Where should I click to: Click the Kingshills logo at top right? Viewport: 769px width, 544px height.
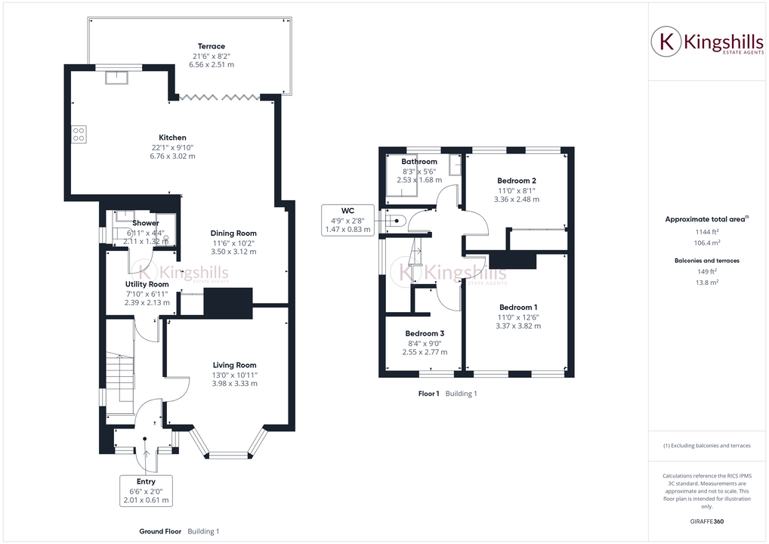(x=707, y=42)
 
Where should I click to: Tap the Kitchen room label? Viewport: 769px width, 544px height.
(x=172, y=138)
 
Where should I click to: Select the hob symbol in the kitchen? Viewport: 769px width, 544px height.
(x=78, y=134)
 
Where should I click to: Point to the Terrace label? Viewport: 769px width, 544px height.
(x=212, y=46)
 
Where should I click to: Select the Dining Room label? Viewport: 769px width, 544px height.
(x=233, y=233)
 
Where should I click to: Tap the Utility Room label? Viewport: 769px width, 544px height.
(x=147, y=284)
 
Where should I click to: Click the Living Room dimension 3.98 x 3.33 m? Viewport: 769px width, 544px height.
(x=234, y=384)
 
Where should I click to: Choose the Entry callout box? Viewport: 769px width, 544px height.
(x=146, y=490)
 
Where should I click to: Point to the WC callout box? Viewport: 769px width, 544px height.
(x=348, y=219)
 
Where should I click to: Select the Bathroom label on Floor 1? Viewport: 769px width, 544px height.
(x=419, y=162)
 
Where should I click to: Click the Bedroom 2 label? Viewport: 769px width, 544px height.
(x=517, y=181)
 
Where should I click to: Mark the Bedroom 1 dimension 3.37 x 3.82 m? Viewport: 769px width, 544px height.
(x=517, y=326)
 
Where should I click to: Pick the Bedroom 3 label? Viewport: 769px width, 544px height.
(x=424, y=333)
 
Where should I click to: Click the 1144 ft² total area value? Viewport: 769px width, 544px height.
(x=708, y=232)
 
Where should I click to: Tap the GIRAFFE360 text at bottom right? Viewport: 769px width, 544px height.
(x=708, y=521)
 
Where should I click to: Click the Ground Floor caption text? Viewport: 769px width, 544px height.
(x=160, y=531)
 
